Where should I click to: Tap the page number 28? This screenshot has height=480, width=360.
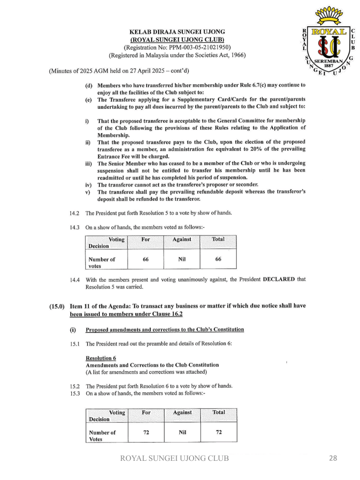click(333, 458)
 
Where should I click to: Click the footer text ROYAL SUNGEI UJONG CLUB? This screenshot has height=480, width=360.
click(175, 458)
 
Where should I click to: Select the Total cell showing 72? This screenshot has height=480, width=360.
click(218, 432)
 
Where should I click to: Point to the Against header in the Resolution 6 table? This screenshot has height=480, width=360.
click(182, 412)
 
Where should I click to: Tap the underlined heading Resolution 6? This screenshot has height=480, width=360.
click(101, 358)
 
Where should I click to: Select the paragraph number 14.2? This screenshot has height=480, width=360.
click(75, 213)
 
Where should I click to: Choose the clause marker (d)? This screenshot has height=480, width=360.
click(88, 85)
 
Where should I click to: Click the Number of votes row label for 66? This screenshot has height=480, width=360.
click(102, 262)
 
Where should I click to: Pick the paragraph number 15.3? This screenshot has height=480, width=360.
click(75, 394)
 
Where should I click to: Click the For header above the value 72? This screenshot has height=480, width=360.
click(146, 412)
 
